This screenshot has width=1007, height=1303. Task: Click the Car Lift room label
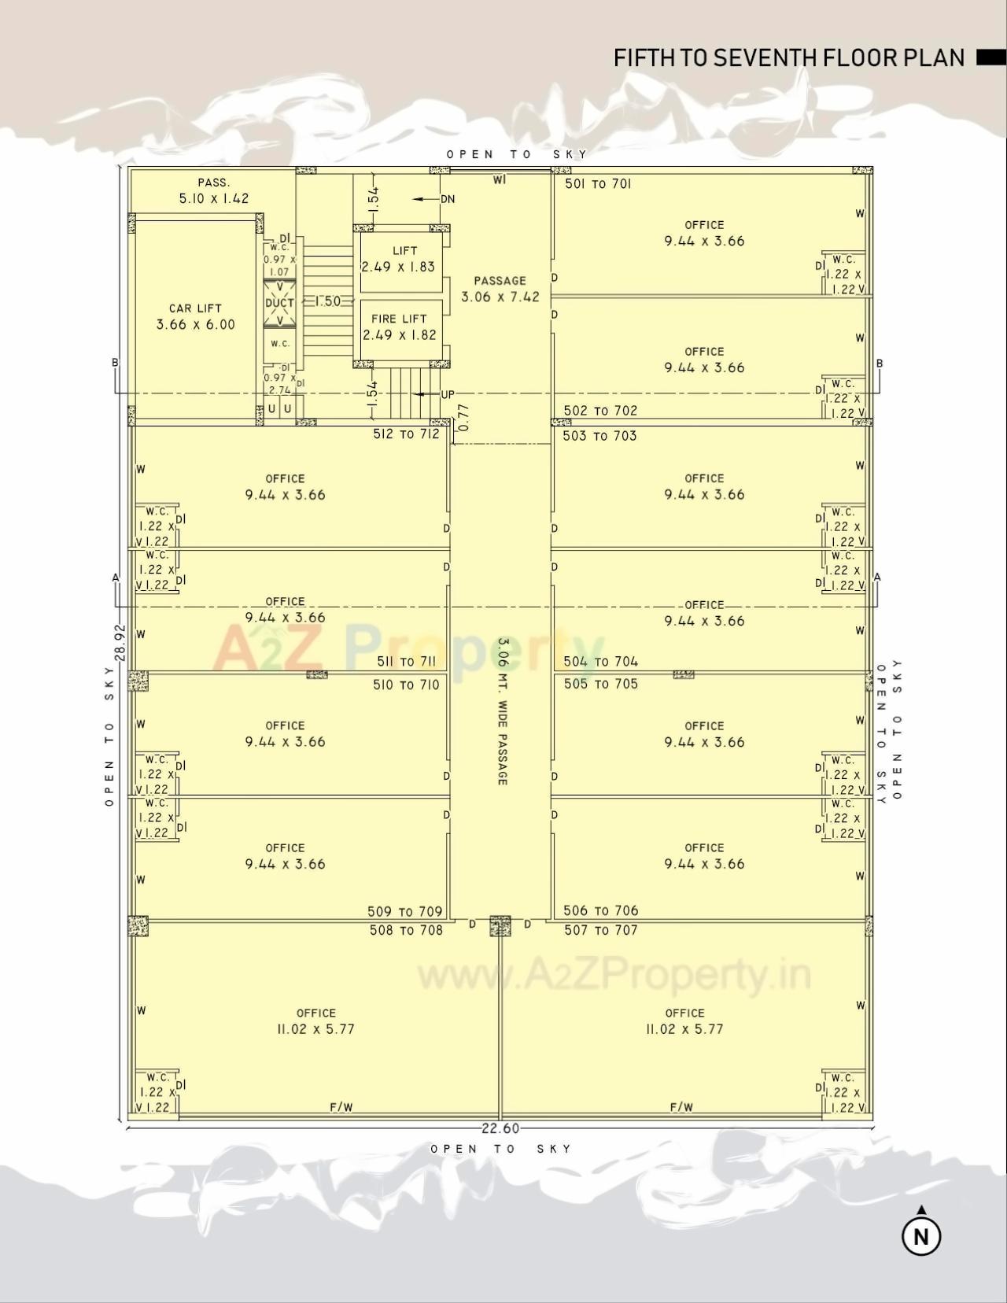pos(195,308)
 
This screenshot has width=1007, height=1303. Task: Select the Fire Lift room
pos(399,327)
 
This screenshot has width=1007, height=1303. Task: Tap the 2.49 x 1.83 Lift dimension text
pos(398,267)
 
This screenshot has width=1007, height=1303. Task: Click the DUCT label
pos(279,303)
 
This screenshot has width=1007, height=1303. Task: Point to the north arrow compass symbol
pos(921,1235)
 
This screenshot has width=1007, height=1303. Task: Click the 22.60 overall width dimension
pos(500,1128)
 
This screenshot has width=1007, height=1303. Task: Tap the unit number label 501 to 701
pos(598,184)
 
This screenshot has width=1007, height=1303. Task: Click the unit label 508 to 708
pos(406,930)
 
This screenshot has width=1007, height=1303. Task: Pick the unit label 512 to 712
pos(406,434)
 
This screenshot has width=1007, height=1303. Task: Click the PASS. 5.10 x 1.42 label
pos(213,191)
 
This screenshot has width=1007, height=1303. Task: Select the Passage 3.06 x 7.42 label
pos(500,289)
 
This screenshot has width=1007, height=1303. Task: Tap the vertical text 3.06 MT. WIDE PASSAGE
pos(502,711)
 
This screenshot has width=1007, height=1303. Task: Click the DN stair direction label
pos(447,199)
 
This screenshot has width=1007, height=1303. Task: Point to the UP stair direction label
pos(447,395)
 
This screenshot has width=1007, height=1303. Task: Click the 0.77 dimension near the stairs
pos(463,417)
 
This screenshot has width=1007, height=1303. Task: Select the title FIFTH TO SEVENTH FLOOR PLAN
pos(789,58)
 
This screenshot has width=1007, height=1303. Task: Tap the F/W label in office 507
pos(681,1107)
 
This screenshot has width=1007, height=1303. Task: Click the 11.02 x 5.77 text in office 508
pos(315,1029)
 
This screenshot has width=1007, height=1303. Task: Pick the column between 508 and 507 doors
pos(500,925)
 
